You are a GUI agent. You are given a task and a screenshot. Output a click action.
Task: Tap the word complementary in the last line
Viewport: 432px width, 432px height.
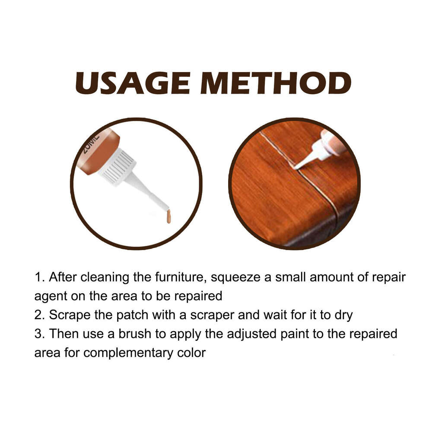pos(144,353)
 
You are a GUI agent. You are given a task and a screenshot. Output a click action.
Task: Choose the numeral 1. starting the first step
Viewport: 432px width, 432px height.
pos(39,277)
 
